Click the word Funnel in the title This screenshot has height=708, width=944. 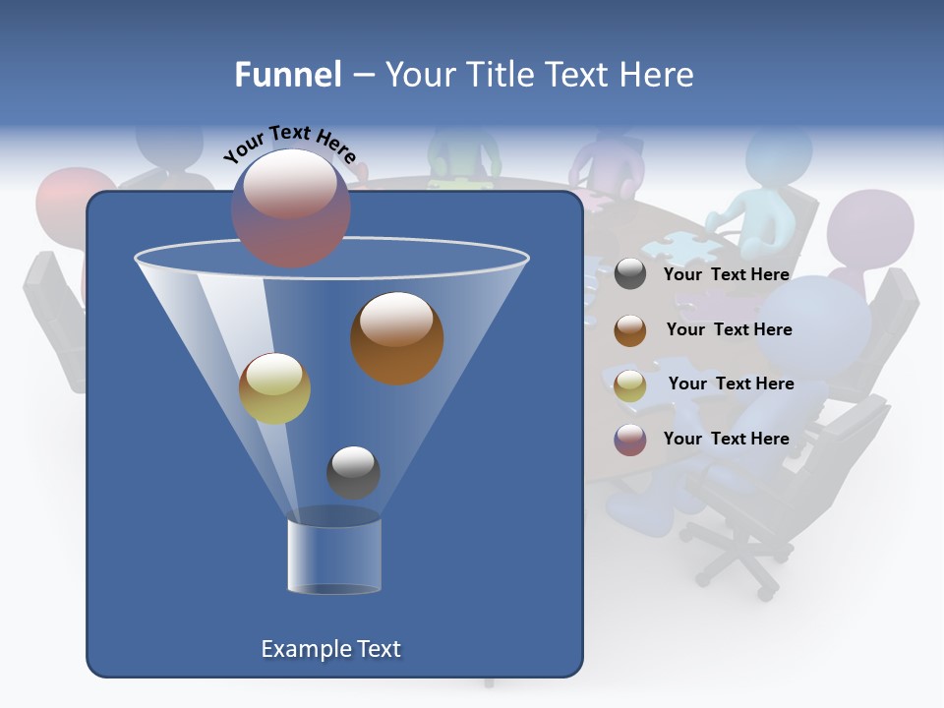click(287, 75)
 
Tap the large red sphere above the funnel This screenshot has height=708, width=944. click(291, 207)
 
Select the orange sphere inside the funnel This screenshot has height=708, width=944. click(397, 338)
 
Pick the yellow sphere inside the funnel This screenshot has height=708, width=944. click(274, 388)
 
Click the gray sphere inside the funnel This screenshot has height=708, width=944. click(353, 472)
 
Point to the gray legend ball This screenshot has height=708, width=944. click(630, 274)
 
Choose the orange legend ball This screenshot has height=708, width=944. click(630, 330)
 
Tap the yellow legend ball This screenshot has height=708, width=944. click(630, 385)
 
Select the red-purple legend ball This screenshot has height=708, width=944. click(630, 440)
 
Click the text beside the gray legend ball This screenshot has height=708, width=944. click(726, 274)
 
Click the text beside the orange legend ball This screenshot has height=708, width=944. click(729, 329)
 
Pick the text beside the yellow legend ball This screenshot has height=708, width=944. click(731, 383)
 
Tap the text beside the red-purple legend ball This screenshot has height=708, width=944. click(726, 439)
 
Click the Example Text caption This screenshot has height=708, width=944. click(331, 649)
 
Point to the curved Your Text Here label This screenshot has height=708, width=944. click(289, 146)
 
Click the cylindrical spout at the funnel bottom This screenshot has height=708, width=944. click(334, 556)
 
